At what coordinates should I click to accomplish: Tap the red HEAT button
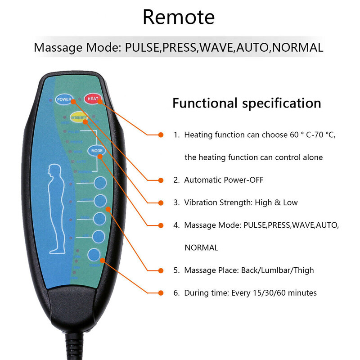tap(93, 99)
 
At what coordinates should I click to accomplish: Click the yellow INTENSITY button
tap(79, 117)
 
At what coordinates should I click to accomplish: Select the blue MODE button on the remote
tap(97, 151)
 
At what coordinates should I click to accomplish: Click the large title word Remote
tap(179, 17)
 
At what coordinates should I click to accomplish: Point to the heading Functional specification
tap(247, 103)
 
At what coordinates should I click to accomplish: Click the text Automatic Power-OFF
tap(224, 180)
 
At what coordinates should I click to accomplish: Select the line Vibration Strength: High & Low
tap(241, 202)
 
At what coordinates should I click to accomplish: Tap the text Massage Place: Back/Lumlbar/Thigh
tap(249, 270)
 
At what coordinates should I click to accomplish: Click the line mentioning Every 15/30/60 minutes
tap(250, 293)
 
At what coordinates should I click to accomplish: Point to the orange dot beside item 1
tap(161, 135)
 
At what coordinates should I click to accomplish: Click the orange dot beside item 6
tap(161, 293)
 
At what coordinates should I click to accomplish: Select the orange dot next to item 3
tap(161, 203)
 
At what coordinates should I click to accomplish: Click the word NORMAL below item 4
tap(201, 248)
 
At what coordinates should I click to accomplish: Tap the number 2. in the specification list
tap(177, 180)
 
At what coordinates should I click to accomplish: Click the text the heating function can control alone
tap(253, 157)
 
